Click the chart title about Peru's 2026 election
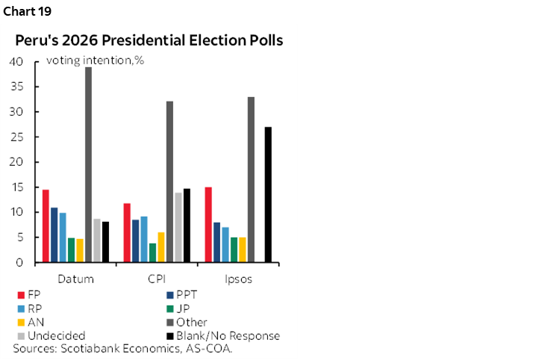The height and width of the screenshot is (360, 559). pos(149,40)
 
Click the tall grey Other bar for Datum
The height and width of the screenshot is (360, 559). pos(88,164)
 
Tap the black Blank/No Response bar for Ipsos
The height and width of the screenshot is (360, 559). pos(268,194)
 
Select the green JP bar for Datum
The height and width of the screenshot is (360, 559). pos(71,250)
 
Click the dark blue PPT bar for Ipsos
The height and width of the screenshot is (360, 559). pos(216,242)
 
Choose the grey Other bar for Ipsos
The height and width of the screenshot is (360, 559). pos(251,179)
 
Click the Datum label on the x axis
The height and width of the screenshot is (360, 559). pos(75,279)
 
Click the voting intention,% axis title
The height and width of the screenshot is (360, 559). pos(95,60)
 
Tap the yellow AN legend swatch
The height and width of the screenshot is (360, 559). pos(19,323)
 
